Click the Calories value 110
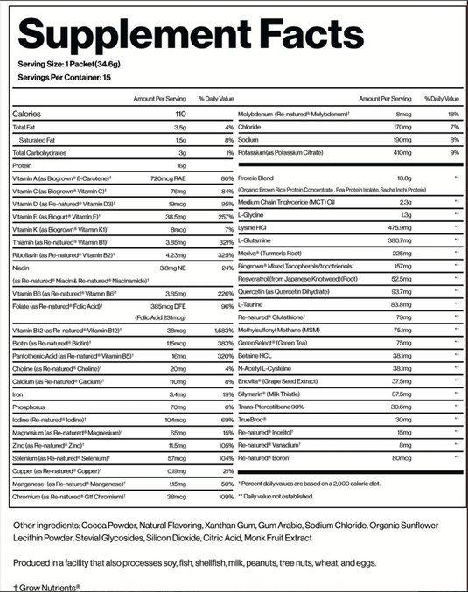(x=181, y=115)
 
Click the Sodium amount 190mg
(x=402, y=140)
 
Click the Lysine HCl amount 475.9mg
(x=398, y=228)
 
